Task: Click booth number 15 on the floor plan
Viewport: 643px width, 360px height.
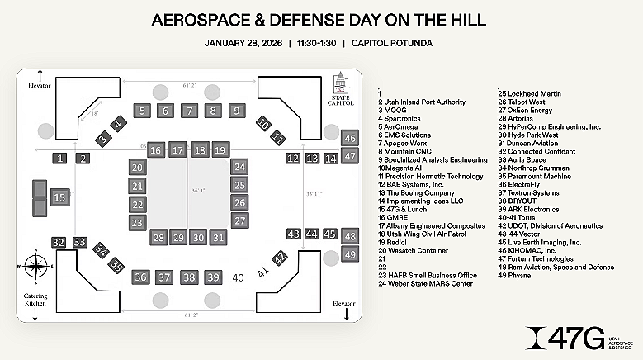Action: (x=59, y=198)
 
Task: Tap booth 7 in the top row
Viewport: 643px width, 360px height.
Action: (x=189, y=111)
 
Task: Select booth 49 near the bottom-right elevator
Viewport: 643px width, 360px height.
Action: (x=350, y=254)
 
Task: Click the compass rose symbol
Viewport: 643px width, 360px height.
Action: (x=35, y=267)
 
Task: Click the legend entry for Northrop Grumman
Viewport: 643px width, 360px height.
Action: (x=533, y=168)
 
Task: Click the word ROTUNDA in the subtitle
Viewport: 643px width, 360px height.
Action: (x=404, y=43)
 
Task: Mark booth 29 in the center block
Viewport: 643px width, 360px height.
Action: (x=178, y=238)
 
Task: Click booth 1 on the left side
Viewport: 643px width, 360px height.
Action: (x=60, y=158)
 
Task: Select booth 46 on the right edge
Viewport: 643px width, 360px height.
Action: (x=350, y=139)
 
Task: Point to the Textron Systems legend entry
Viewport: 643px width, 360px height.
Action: (x=529, y=192)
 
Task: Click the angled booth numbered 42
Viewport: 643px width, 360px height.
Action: (x=281, y=258)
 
